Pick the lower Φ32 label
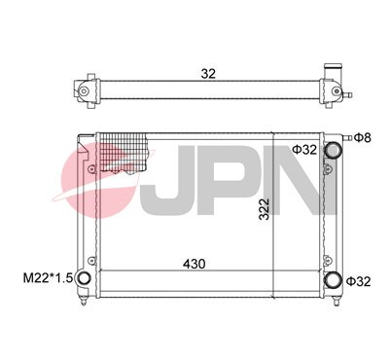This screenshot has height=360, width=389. click(x=361, y=282)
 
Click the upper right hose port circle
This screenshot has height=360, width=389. click(x=335, y=150)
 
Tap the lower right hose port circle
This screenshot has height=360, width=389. click(x=335, y=280)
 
